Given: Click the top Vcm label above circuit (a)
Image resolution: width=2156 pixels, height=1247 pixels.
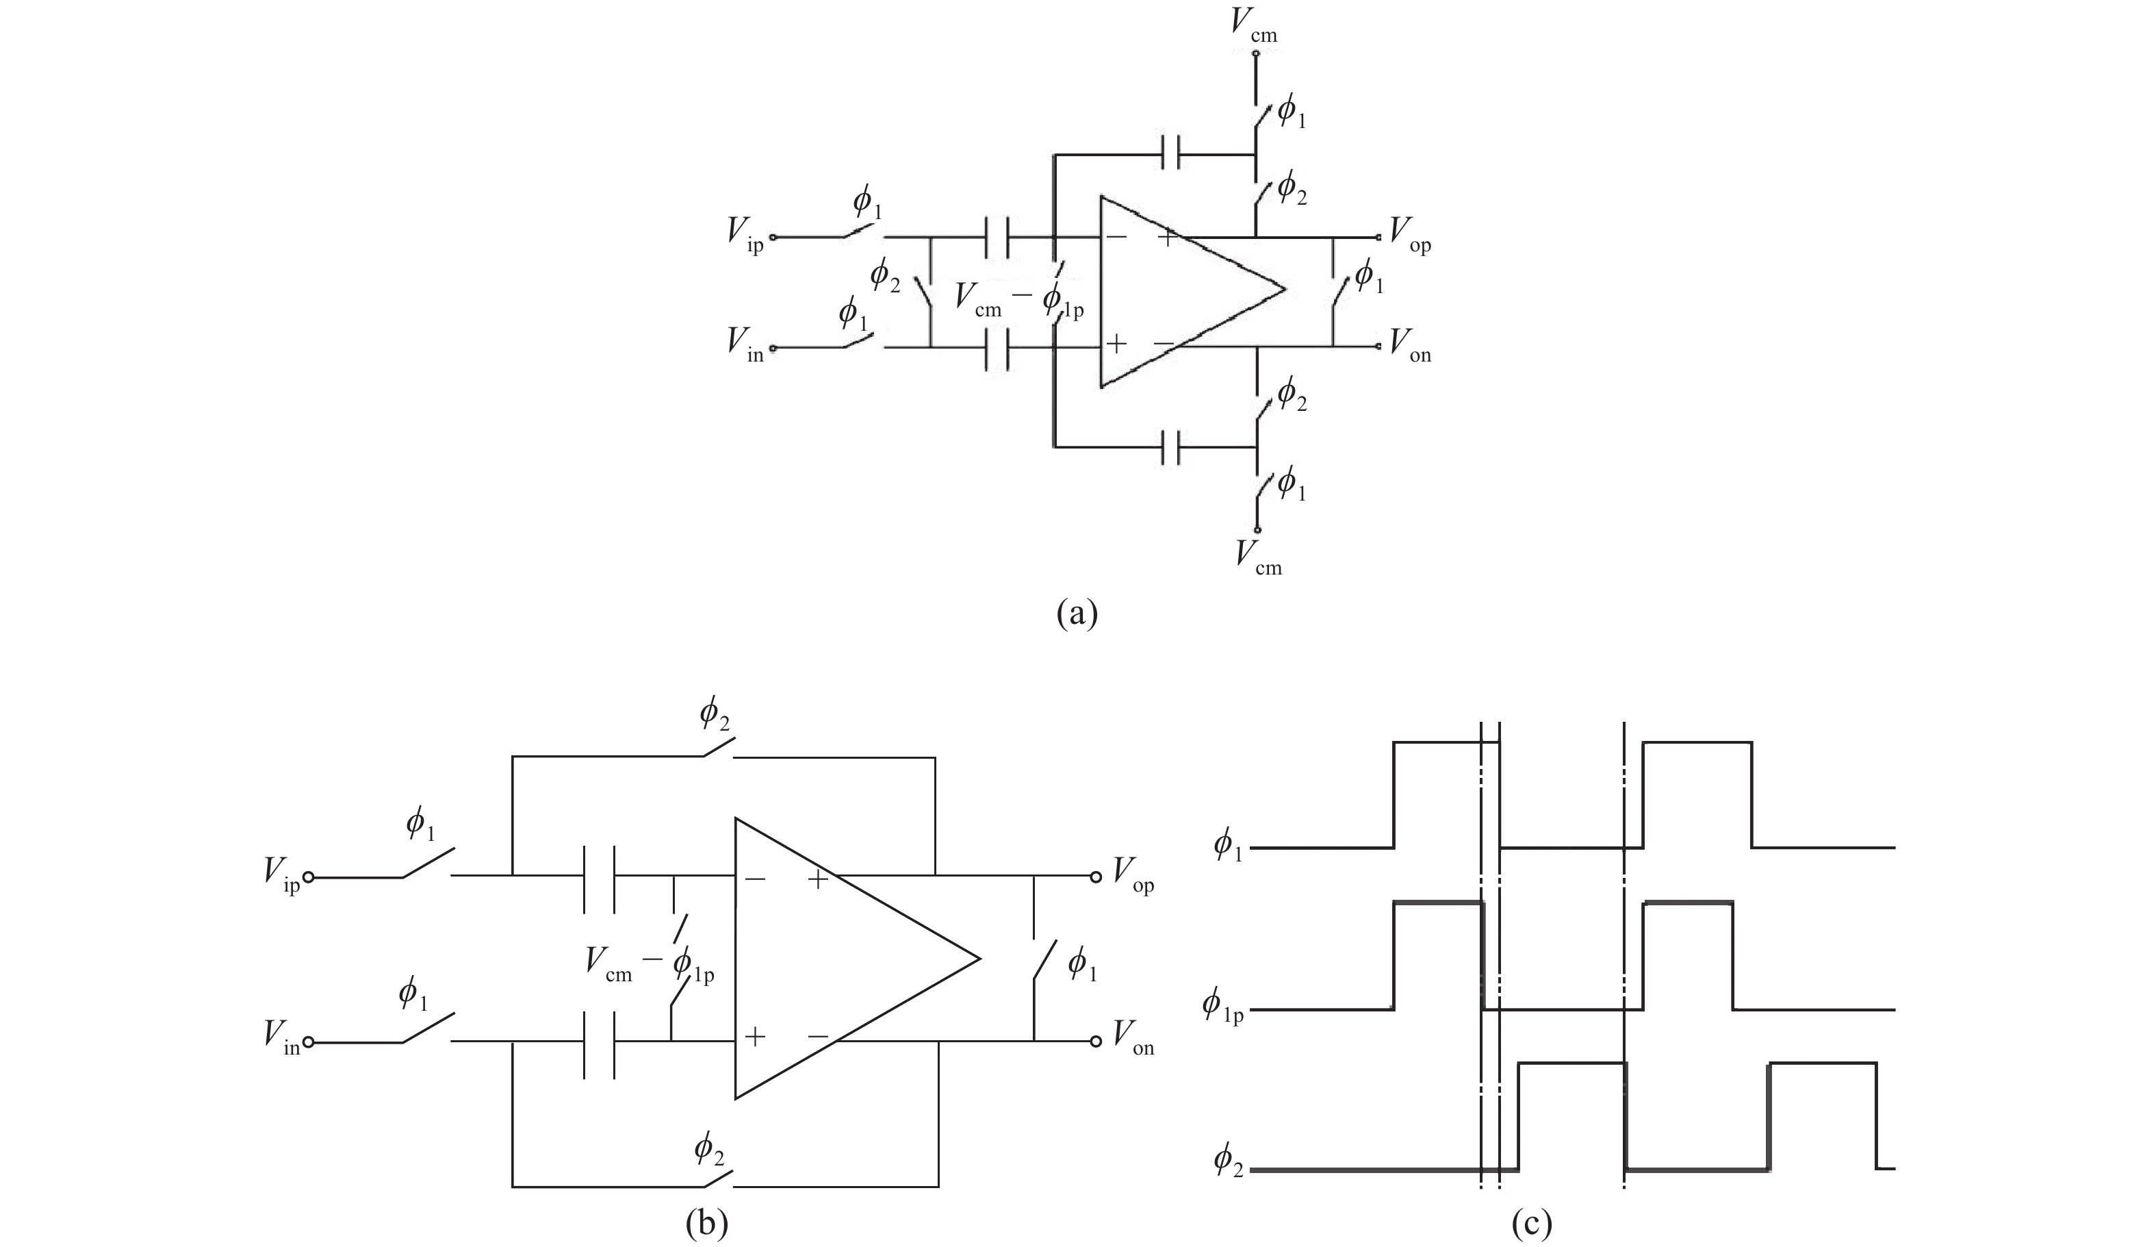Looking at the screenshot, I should [x=1253, y=23].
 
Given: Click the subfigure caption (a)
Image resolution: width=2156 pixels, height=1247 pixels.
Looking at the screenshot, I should [x=1076, y=614].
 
